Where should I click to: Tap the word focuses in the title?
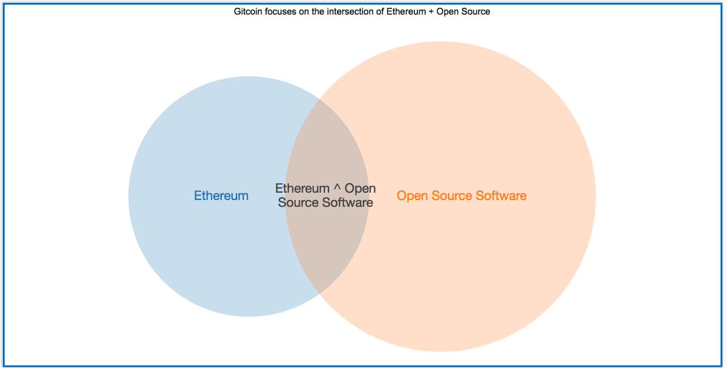pos(280,11)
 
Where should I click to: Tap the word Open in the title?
pos(446,11)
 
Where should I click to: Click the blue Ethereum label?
pos(221,196)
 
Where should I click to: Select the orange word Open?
pos(412,196)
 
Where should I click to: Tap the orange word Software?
pos(502,196)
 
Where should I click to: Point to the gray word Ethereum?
pos(302,189)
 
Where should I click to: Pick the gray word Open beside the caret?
pos(361,189)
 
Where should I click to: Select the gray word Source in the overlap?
pos(298,202)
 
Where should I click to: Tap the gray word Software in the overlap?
pos(347,202)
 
